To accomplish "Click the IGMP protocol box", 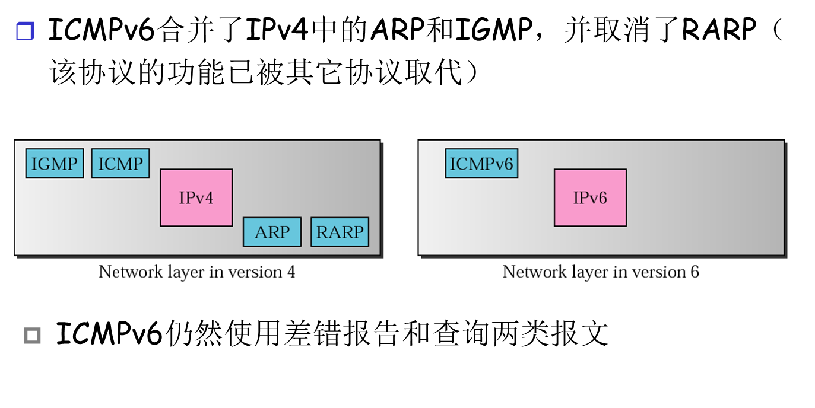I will click(x=55, y=164).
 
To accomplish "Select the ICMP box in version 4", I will click(x=120, y=164).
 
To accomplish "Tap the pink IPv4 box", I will click(x=196, y=197).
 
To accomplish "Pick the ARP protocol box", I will click(x=272, y=232).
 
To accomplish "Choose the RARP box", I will click(x=340, y=232).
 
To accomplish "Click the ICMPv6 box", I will click(x=481, y=164).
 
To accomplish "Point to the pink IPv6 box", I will click(x=590, y=197).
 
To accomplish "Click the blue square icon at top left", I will click(x=25, y=31).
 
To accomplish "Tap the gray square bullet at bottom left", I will click(x=33, y=336).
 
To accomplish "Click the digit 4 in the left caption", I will click(x=291, y=272).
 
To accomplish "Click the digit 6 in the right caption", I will click(x=695, y=272).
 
